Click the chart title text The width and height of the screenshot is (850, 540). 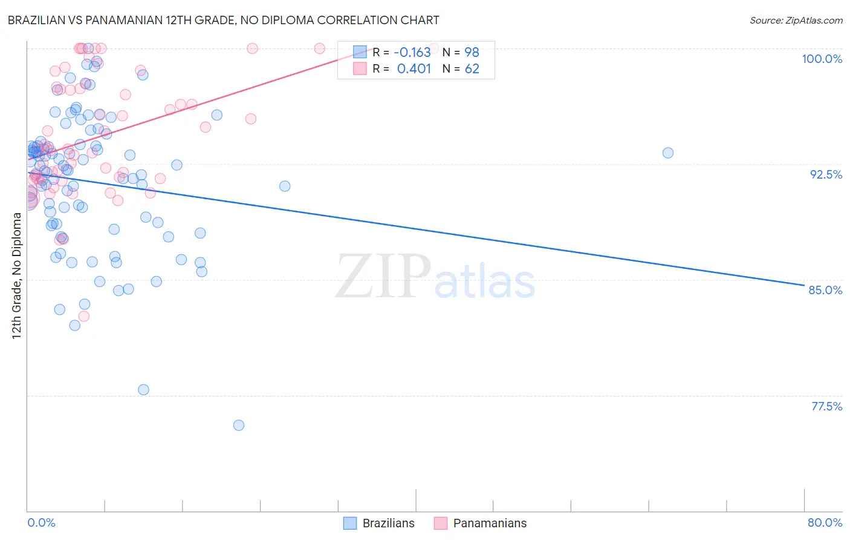coord(224,20)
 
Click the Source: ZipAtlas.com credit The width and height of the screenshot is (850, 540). coord(796,20)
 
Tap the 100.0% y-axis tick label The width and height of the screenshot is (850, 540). coord(822,59)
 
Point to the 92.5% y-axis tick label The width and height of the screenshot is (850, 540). coord(826,174)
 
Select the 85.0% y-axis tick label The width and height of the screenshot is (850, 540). coord(825,290)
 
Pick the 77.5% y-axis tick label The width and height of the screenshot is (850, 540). coord(826,406)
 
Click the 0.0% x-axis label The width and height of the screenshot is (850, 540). coord(41,522)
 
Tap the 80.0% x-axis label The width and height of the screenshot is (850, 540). coord(825,522)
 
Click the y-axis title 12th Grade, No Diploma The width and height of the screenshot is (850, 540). coord(17,275)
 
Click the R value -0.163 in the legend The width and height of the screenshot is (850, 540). coord(412,52)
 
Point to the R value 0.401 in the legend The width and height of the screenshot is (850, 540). coord(414,68)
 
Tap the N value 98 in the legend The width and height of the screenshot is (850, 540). coord(472,52)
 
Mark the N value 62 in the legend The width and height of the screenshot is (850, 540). coord(472,68)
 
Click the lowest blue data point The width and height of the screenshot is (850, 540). coord(239,425)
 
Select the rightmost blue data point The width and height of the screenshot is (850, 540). coord(667,153)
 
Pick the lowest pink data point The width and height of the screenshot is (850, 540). coord(84,316)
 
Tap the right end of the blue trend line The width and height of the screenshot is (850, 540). coord(804,285)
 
